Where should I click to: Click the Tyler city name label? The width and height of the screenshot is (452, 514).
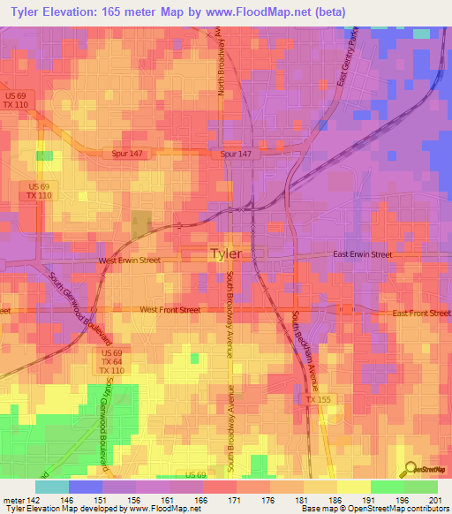click(x=224, y=254)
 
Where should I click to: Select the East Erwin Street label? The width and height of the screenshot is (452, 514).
click(x=362, y=254)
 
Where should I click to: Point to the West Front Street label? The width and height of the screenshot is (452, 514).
click(x=170, y=310)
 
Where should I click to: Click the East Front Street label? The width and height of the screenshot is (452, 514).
click(x=422, y=314)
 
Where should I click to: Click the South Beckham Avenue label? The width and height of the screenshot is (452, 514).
click(x=305, y=350)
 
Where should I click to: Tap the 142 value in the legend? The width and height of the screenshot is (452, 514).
click(x=35, y=500)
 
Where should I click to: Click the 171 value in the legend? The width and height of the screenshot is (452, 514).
click(x=232, y=500)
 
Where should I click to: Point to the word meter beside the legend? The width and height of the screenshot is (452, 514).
click(x=12, y=500)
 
